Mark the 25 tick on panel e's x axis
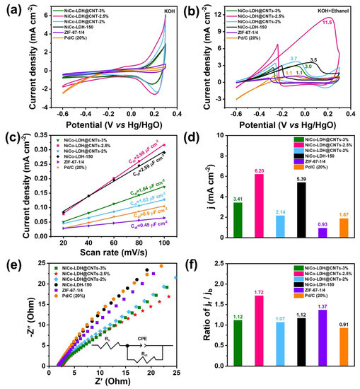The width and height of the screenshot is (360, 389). point(175,374)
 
